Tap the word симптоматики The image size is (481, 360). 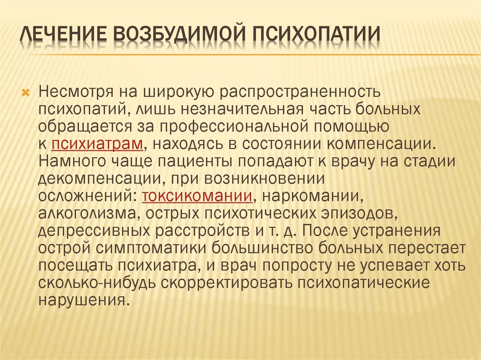click(x=144, y=248)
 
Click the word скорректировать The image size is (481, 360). click(x=226, y=283)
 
